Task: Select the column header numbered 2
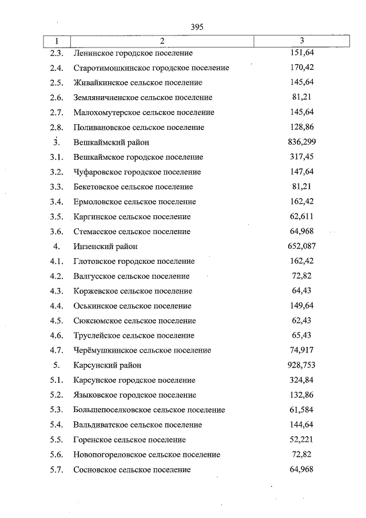[162, 41]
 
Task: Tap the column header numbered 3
[301, 41]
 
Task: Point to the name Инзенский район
[106, 247]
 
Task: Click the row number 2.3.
[56, 53]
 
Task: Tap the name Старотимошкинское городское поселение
[151, 68]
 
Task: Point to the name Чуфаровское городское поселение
[137, 172]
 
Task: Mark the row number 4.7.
[56, 350]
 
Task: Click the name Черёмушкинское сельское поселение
[142, 350]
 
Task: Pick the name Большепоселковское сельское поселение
[149, 410]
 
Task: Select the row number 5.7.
[56, 470]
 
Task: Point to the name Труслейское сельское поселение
[134, 335]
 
